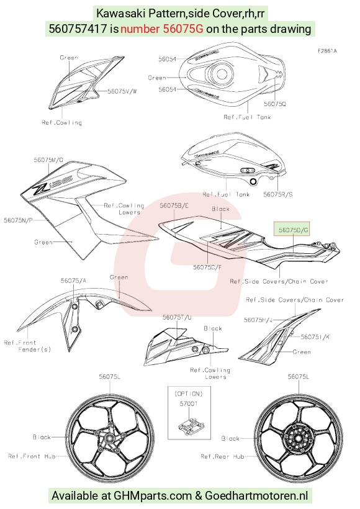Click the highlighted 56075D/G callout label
tap(294, 230)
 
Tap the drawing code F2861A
tap(327, 51)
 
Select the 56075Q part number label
tap(275, 104)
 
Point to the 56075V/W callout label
tap(122, 91)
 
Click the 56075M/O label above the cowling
tap(48, 160)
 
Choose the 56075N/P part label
tap(18, 220)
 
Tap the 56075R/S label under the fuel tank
tap(278, 194)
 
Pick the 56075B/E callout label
tap(174, 205)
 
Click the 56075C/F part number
tap(207, 267)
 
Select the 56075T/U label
tap(177, 317)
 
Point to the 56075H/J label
tap(258, 320)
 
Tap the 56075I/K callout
tap(315, 337)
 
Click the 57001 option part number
tap(189, 404)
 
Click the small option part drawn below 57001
tap(192, 426)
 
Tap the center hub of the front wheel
tap(109, 439)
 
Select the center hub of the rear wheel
tap(297, 439)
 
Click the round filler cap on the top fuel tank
tap(221, 73)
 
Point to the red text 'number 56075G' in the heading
tap(161, 29)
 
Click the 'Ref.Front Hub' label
tap(32, 456)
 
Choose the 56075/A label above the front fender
tap(74, 281)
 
